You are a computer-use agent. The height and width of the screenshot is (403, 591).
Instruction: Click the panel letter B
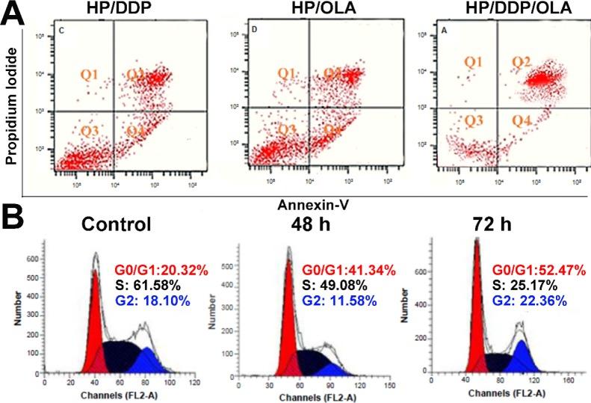point(16,224)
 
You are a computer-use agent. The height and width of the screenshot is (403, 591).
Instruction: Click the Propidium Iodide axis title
point(11,112)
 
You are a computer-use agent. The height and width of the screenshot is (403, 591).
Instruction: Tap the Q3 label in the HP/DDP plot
point(90,132)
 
